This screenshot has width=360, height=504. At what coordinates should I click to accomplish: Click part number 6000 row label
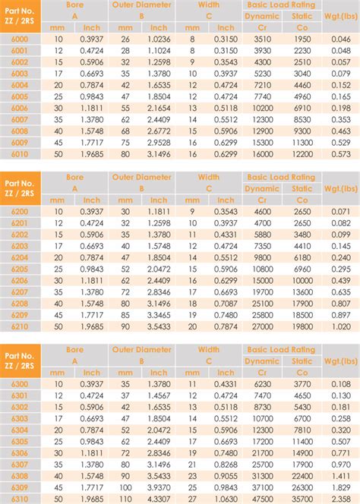tap(19, 37)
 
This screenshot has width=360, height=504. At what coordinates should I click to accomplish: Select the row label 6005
tap(19, 97)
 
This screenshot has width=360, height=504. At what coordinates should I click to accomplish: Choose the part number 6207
tap(19, 291)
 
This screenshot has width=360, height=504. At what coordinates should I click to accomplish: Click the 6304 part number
tap(19, 430)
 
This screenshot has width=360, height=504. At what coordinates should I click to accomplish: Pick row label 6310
tap(19, 499)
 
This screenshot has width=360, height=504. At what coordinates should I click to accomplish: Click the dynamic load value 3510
tap(262, 37)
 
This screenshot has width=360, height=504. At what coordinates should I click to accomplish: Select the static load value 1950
tap(302, 37)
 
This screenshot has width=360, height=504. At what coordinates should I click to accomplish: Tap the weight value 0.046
tap(340, 37)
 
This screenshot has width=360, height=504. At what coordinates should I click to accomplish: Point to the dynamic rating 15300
tap(262, 143)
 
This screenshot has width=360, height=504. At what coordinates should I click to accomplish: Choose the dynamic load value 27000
tap(262, 327)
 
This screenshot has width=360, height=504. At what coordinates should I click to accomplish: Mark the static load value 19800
tap(302, 327)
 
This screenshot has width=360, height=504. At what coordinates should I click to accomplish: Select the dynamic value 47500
tap(262, 499)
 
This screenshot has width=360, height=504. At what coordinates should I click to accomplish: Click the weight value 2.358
tap(340, 499)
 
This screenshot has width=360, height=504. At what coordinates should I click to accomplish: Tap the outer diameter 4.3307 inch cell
tap(159, 499)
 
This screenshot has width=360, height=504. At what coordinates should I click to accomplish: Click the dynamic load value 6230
tap(262, 383)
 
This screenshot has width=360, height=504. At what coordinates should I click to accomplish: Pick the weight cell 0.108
tap(340, 383)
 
